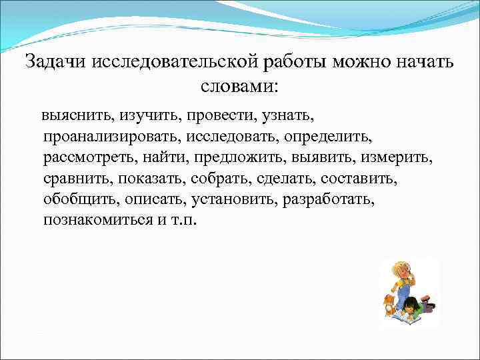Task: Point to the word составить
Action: (x=364, y=179)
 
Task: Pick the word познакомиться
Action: (x=98, y=220)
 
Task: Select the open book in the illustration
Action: (x=404, y=319)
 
